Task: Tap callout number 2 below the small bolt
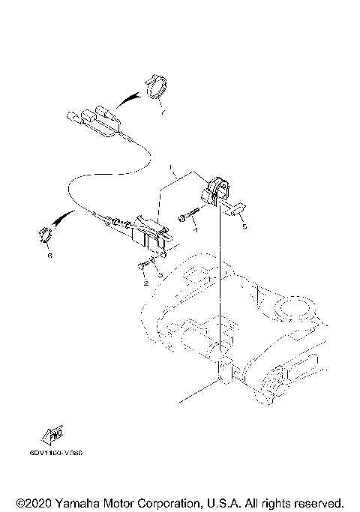145,284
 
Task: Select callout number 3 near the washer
160,274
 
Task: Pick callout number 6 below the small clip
50,255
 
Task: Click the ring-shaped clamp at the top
156,87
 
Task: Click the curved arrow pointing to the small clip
66,220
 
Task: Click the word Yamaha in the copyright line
74,501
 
